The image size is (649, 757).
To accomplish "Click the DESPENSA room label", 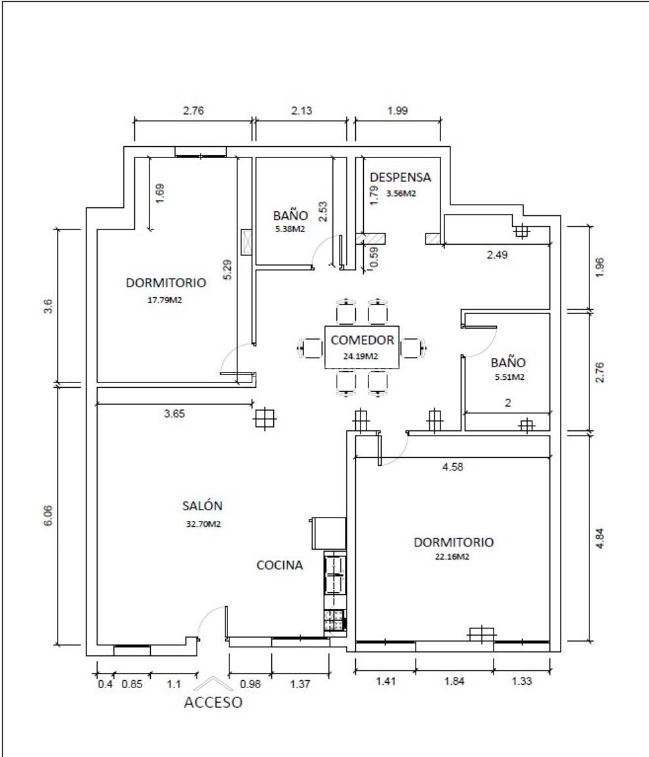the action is tap(400, 177).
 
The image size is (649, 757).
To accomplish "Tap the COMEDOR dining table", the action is tap(362, 347).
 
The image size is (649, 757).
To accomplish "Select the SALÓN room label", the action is tap(202, 506).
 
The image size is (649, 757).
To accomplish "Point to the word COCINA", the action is tap(279, 565).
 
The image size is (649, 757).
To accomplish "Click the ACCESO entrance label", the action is tap(213, 702).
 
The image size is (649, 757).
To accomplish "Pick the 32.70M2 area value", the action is tap(203, 524).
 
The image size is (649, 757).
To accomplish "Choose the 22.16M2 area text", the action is tap(452, 556).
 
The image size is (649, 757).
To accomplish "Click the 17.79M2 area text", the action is tap(165, 300).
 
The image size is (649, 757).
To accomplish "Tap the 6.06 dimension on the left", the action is tap(48, 516).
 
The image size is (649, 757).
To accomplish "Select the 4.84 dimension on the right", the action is tap(599, 538).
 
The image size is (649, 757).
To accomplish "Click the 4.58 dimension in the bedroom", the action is tap(452, 467).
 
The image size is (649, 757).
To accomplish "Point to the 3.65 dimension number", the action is tap(174, 414).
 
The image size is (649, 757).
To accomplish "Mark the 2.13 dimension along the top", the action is tap(302, 111).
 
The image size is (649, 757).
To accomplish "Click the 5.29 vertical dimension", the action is tap(227, 270).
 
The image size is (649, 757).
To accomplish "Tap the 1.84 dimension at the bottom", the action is tap(454, 681).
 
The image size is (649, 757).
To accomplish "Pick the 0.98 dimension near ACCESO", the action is tap(250, 684).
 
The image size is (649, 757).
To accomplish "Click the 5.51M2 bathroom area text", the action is tap(509, 377).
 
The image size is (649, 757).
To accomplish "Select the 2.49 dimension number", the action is tap(497, 255).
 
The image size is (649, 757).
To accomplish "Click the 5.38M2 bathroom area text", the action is tap(290, 229).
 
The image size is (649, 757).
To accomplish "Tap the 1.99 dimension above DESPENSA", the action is tap(398, 111).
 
